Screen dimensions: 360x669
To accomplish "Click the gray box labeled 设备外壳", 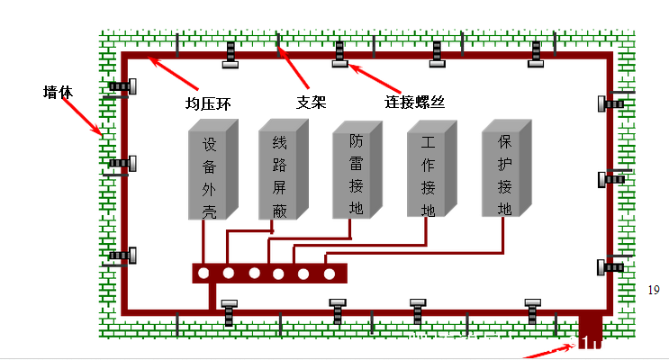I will pyautogui.click(x=210, y=177).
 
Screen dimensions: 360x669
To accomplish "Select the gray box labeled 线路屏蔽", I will pyautogui.click(x=278, y=175).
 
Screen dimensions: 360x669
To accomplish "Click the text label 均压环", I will pyautogui.click(x=210, y=103).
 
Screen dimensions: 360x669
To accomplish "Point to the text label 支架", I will pyautogui.click(x=311, y=101).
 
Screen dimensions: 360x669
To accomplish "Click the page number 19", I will pyautogui.click(x=654, y=289).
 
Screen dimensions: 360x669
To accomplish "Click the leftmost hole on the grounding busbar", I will pyautogui.click(x=205, y=273).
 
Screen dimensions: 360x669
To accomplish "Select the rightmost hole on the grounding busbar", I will pyautogui.click(x=330, y=273).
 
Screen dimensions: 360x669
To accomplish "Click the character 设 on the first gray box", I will pyautogui.click(x=209, y=145).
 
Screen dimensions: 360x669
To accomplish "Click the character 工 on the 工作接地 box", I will pyautogui.click(x=429, y=144).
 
